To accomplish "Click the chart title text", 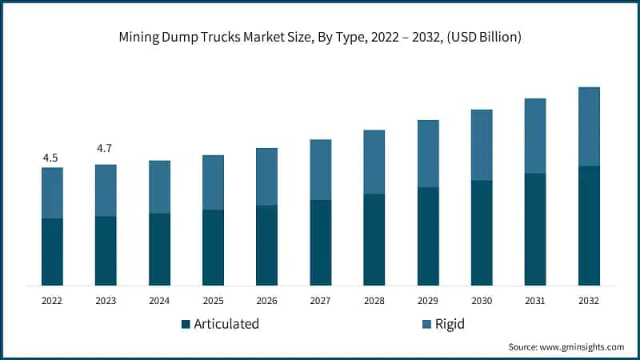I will point(320,38).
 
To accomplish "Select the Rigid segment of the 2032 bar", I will point(589,126).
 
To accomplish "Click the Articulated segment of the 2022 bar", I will point(52,251).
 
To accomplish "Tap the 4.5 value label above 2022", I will point(50,158).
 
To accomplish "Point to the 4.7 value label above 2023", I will point(105,149).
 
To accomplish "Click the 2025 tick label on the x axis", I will point(213,301).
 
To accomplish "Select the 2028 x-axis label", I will point(374,301).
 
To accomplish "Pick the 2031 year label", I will point(534,301).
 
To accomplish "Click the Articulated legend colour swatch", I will point(186,325).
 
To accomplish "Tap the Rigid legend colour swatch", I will point(426,325).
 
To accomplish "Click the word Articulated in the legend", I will point(227,324).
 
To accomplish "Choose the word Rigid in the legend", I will point(450,324).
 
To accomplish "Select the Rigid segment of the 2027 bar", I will point(320,170).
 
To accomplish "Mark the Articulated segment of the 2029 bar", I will point(427,236).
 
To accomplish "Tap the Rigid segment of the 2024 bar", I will point(159,187).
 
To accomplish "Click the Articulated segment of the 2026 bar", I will point(266,245).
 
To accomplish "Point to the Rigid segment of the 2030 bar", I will point(481,145).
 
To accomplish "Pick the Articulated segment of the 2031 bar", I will point(534,229).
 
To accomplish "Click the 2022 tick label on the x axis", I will point(52,301).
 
